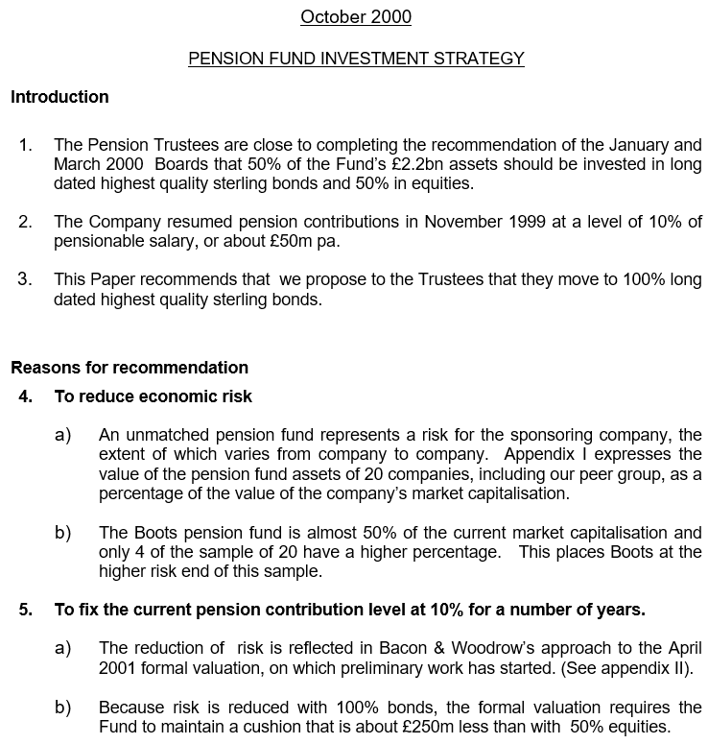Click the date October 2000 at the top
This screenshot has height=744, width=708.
click(x=356, y=16)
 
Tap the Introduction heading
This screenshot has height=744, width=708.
click(x=59, y=96)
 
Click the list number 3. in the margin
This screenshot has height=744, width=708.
click(x=26, y=279)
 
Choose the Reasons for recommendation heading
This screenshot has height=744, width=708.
click(x=130, y=367)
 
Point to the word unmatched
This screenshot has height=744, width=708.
click(x=171, y=435)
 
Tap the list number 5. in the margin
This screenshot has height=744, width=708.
click(x=26, y=609)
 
